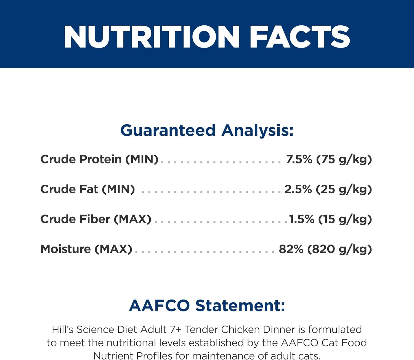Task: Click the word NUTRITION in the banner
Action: point(152,37)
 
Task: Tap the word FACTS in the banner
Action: point(300,37)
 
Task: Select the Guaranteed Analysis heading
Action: point(207,131)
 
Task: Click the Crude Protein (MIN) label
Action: point(99,159)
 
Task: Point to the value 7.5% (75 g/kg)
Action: point(329,159)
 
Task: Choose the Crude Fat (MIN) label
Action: point(87,189)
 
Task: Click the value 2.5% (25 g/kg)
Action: point(328,189)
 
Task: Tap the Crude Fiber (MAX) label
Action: point(96,219)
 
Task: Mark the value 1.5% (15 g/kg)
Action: point(330,219)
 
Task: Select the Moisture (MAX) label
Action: point(86,249)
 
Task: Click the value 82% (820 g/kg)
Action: point(325,249)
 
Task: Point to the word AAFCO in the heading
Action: point(159,306)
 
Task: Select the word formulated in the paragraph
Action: point(335,329)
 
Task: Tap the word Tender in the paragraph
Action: point(201,329)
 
